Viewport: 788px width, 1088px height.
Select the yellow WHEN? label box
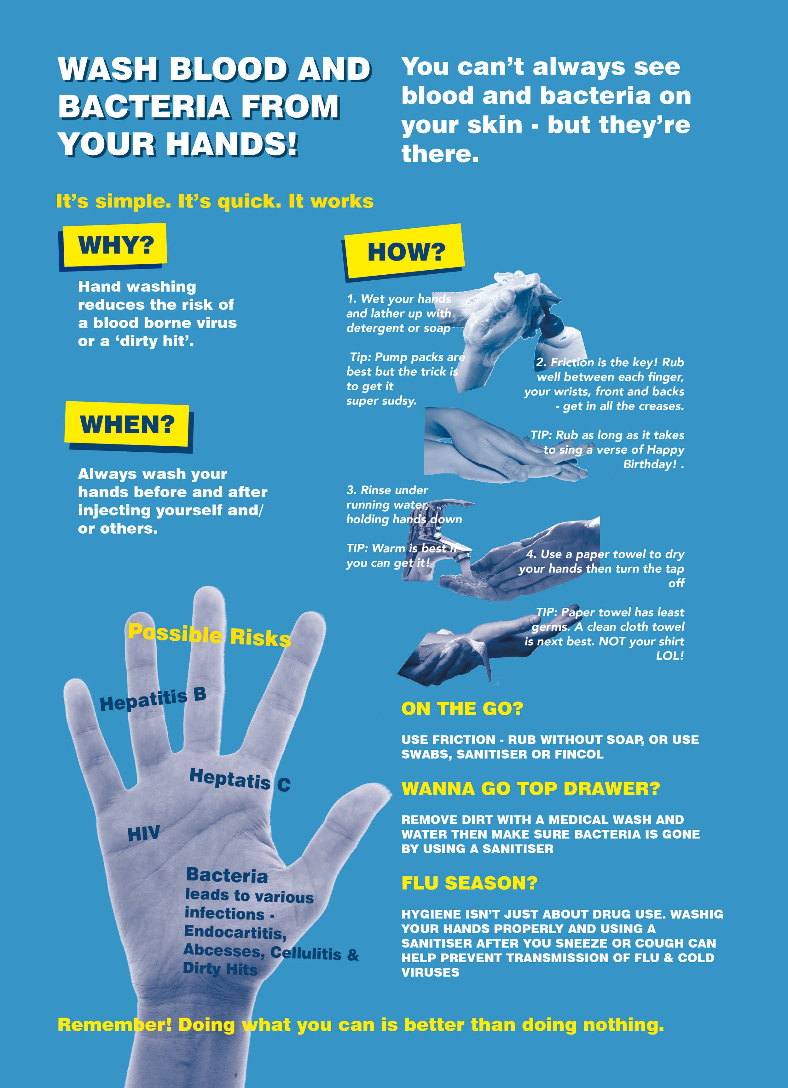(x=127, y=425)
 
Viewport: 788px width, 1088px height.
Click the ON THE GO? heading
(x=462, y=708)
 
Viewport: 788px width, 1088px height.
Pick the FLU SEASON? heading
(x=469, y=883)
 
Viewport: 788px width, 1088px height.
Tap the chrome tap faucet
(x=432, y=537)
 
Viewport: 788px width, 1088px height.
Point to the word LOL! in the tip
(x=669, y=656)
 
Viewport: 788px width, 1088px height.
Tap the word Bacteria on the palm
(x=227, y=875)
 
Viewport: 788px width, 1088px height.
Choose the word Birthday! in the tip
(x=650, y=464)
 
